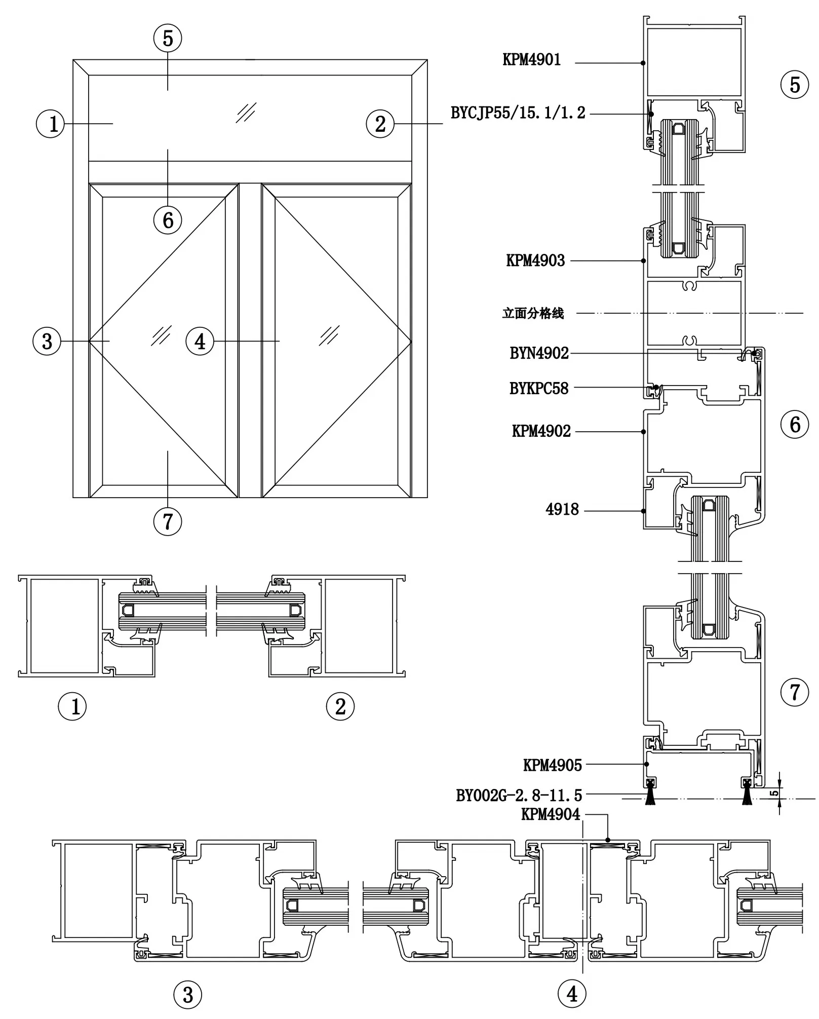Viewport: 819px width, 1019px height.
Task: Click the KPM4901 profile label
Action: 531,60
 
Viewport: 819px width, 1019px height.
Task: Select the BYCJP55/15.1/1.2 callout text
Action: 518,112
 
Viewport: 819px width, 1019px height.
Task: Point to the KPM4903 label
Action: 535,260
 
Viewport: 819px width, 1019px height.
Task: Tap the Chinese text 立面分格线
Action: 533,313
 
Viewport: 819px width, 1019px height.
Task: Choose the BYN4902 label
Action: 539,353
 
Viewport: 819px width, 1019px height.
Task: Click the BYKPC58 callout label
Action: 539,388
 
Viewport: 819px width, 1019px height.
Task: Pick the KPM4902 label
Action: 541,431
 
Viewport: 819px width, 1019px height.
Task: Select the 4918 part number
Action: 562,509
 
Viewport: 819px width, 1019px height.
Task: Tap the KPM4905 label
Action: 553,765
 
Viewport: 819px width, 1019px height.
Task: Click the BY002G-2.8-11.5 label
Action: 519,796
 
